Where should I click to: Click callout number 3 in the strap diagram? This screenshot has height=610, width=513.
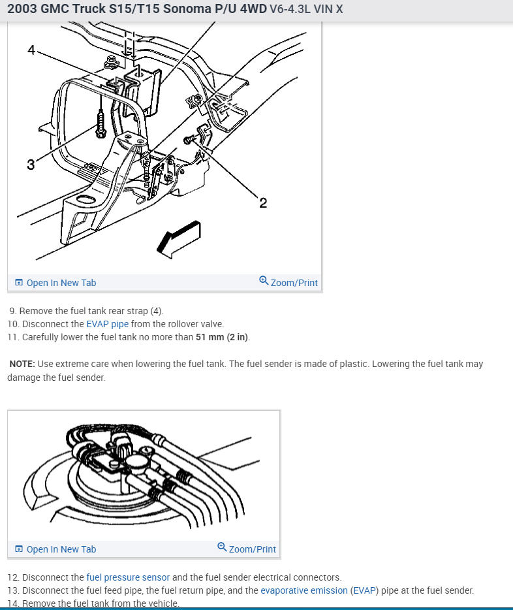pos(31,165)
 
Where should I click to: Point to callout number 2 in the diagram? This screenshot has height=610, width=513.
pos(262,203)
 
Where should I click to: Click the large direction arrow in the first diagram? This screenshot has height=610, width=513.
pos(178,238)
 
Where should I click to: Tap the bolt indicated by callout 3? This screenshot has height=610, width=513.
pos(101,124)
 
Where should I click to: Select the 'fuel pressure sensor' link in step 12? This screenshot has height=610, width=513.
pos(128,577)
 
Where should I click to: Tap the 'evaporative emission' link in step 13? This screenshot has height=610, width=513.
pos(303,590)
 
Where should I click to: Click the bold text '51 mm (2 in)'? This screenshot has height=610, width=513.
pos(222,337)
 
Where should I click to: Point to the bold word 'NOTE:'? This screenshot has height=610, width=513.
pos(22,364)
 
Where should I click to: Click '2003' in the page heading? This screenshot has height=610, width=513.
pos(22,9)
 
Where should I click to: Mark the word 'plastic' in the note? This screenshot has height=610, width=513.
pos(355,364)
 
